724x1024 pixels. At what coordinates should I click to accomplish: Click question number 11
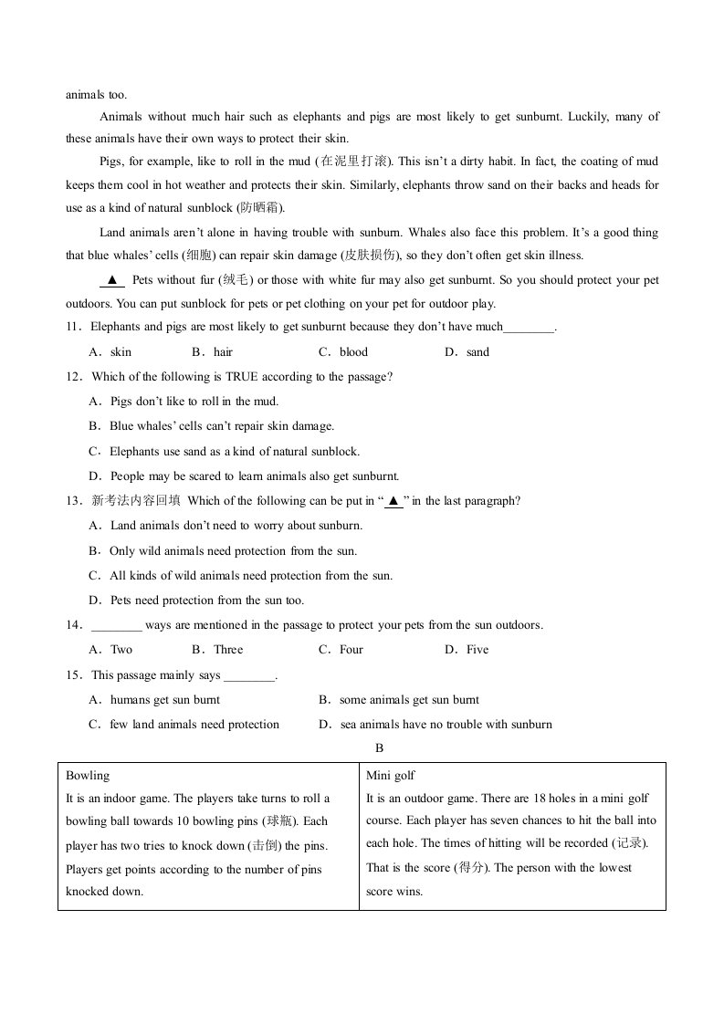click(x=73, y=327)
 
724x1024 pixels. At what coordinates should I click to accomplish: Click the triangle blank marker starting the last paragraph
click(x=111, y=280)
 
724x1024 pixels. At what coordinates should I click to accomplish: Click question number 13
click(x=73, y=500)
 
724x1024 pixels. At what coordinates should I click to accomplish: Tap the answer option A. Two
click(x=110, y=650)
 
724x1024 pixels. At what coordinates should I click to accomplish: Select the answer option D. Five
click(x=467, y=650)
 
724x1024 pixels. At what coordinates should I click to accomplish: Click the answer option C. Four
click(x=341, y=650)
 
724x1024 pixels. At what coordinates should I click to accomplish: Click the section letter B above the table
click(x=379, y=748)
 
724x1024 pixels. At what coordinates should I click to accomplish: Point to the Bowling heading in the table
click(x=88, y=776)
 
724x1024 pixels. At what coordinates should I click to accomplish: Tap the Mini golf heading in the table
click(x=391, y=776)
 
